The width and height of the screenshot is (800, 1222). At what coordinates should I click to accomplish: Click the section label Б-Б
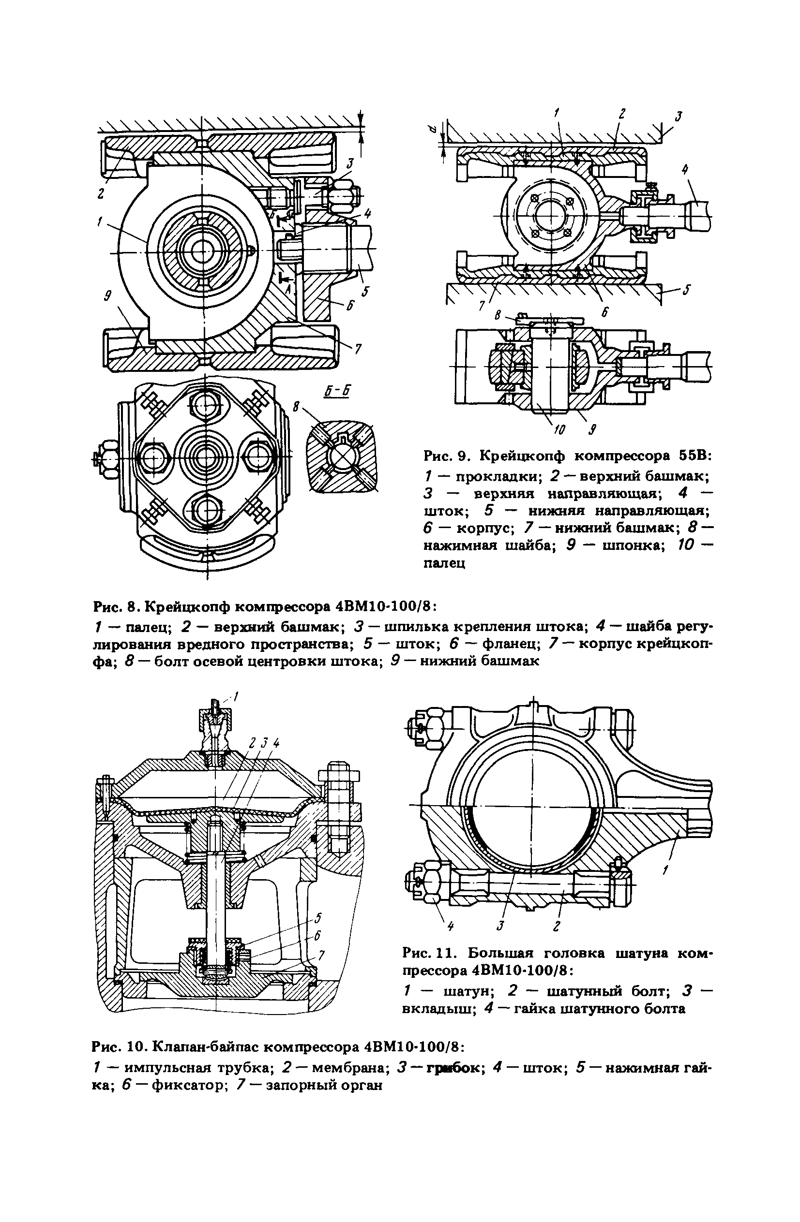[x=336, y=391]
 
